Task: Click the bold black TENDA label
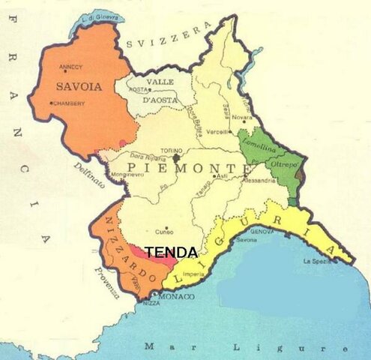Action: coord(171,253)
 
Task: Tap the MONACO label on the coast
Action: coord(178,297)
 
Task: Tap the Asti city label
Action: coord(221,176)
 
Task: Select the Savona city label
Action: coord(247,240)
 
